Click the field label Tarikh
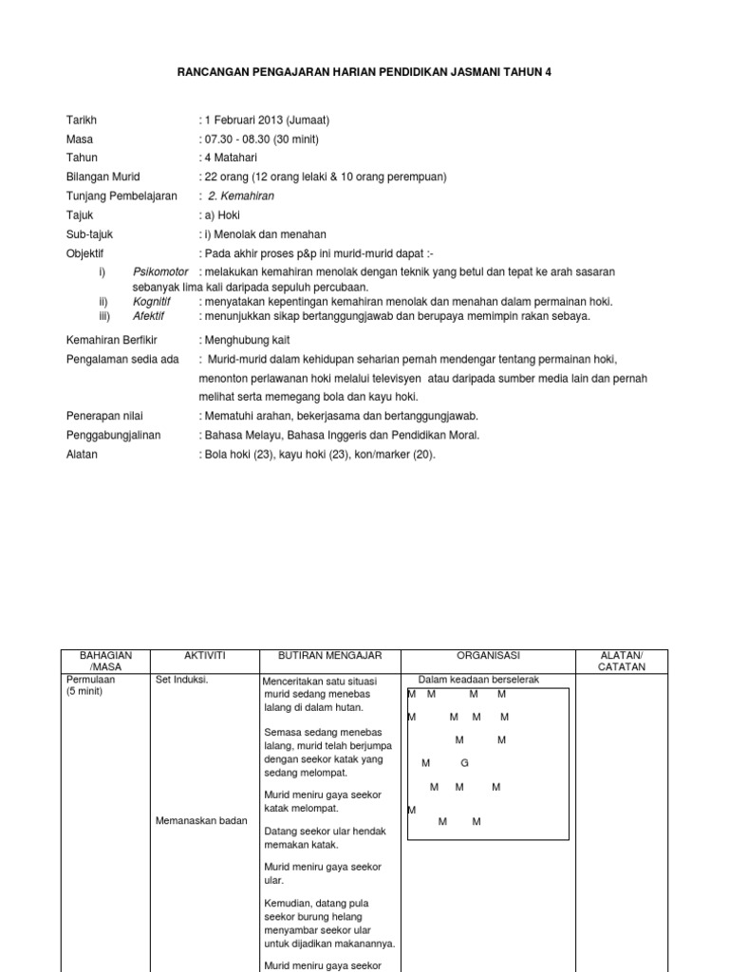point(82,121)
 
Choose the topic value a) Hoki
point(221,215)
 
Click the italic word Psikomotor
point(161,272)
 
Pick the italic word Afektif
point(150,317)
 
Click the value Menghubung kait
point(247,340)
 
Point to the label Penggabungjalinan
point(113,435)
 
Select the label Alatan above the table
point(82,455)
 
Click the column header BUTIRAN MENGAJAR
point(328,656)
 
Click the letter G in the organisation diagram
point(464,763)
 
